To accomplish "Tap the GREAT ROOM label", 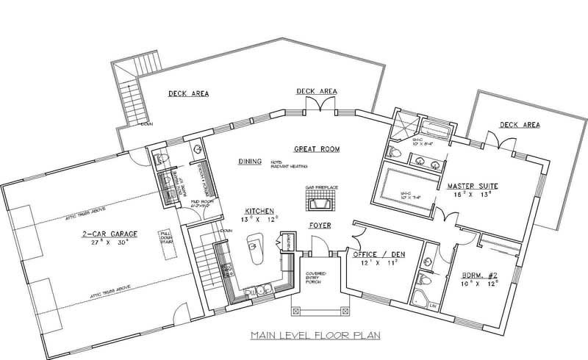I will (316, 148).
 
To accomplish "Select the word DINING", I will (251, 161).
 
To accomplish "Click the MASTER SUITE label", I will (473, 187).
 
